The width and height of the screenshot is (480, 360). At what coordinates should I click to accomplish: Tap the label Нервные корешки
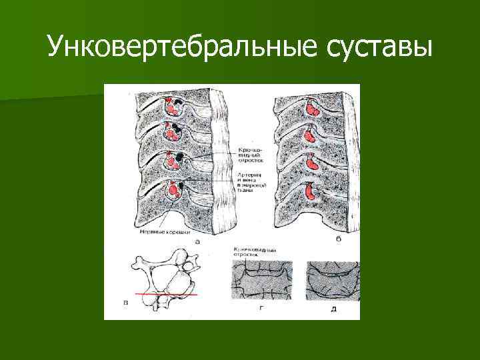163,233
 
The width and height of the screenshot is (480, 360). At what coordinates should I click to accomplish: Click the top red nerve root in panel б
311,107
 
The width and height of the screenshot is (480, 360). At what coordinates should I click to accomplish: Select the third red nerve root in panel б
311,163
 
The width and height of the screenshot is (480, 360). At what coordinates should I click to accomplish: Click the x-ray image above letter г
262,280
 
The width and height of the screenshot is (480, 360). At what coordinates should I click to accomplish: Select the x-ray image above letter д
332,280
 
